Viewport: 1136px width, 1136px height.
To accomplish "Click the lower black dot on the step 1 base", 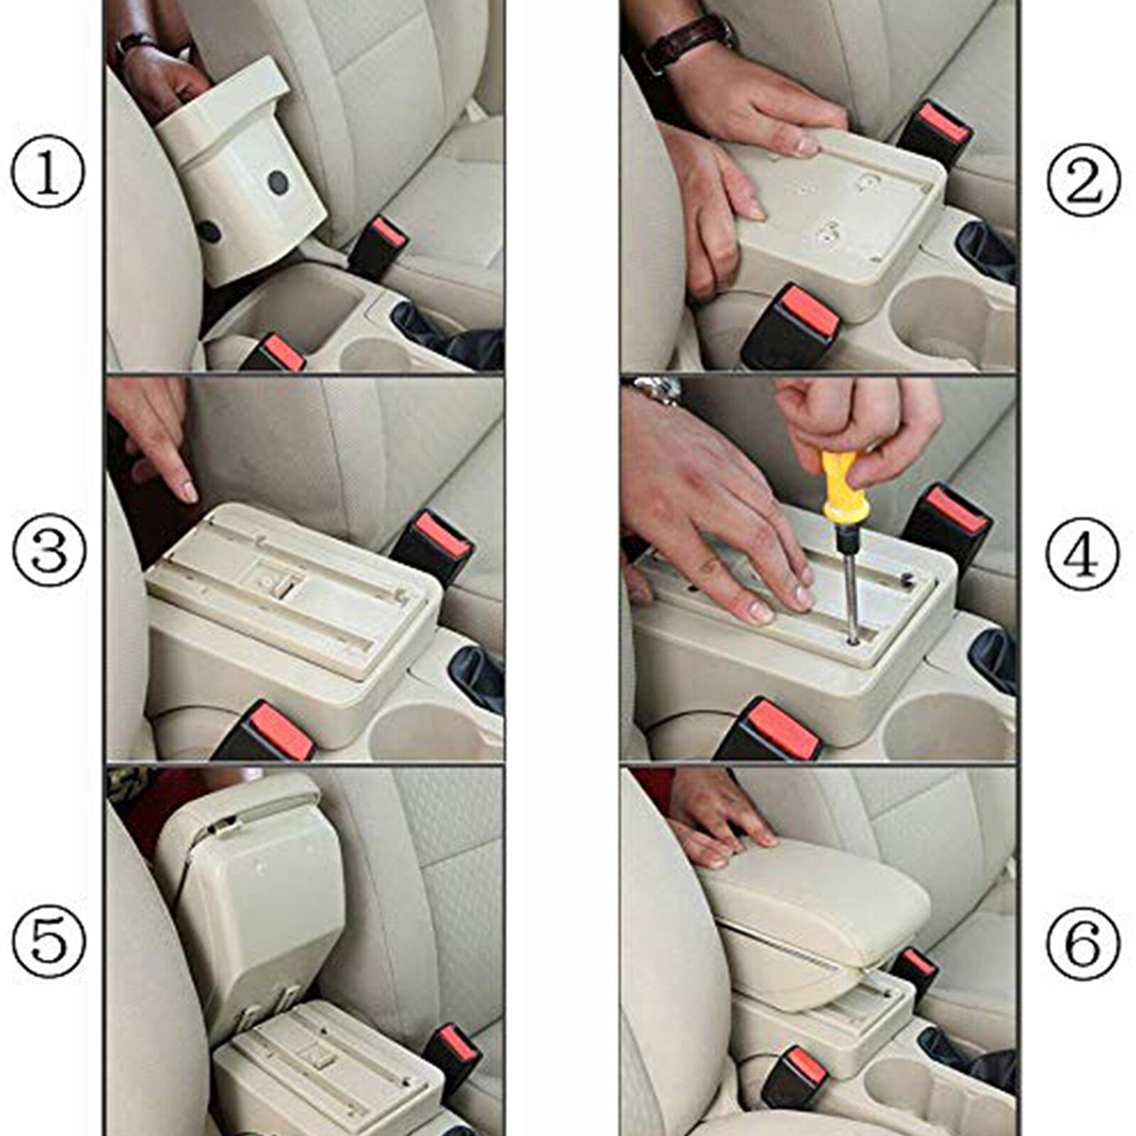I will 209,231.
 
